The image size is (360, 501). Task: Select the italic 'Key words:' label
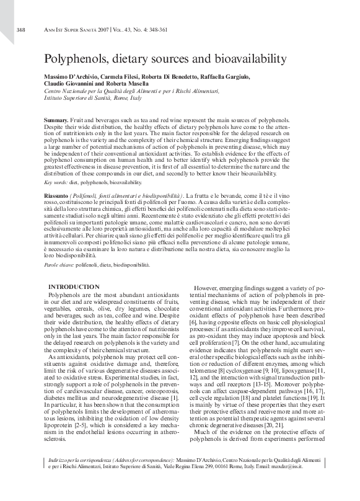pos(56,183)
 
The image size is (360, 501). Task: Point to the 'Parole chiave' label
pos(59,264)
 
